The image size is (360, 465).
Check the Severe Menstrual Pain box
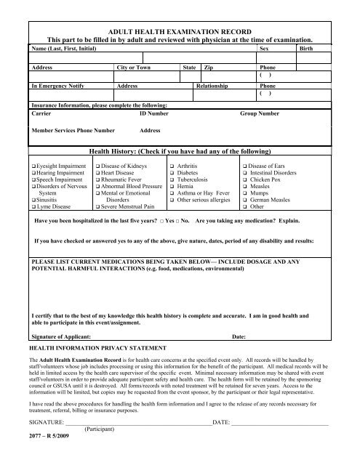[x=97, y=207]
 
